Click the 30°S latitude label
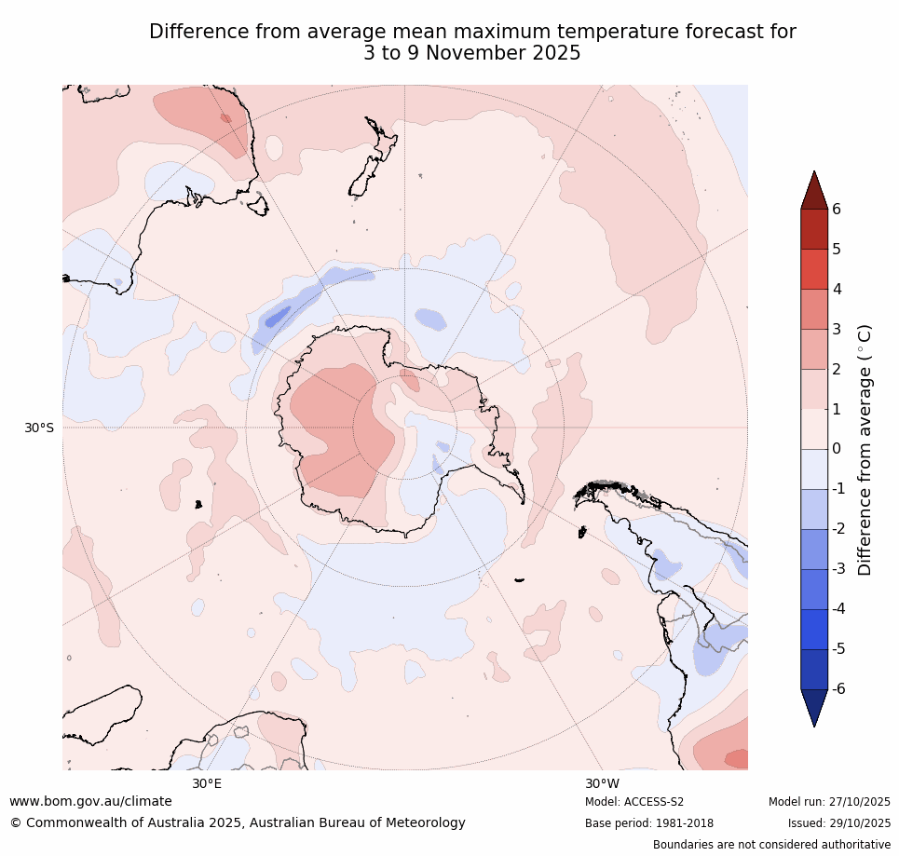click(x=39, y=428)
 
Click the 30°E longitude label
click(x=207, y=783)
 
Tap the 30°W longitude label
click(x=603, y=783)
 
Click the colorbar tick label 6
click(x=836, y=210)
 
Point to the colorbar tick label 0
click(x=836, y=449)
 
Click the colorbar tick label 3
click(x=836, y=329)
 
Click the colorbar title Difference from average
click(x=865, y=450)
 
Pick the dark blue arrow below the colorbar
click(x=814, y=706)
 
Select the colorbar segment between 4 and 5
click(x=814, y=269)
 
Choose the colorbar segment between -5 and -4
click(x=814, y=629)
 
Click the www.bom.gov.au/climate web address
click(x=90, y=801)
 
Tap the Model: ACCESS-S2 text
click(x=634, y=802)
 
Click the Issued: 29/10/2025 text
click(x=839, y=823)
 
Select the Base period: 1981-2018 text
click(x=649, y=823)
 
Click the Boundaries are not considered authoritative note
click(x=771, y=845)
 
